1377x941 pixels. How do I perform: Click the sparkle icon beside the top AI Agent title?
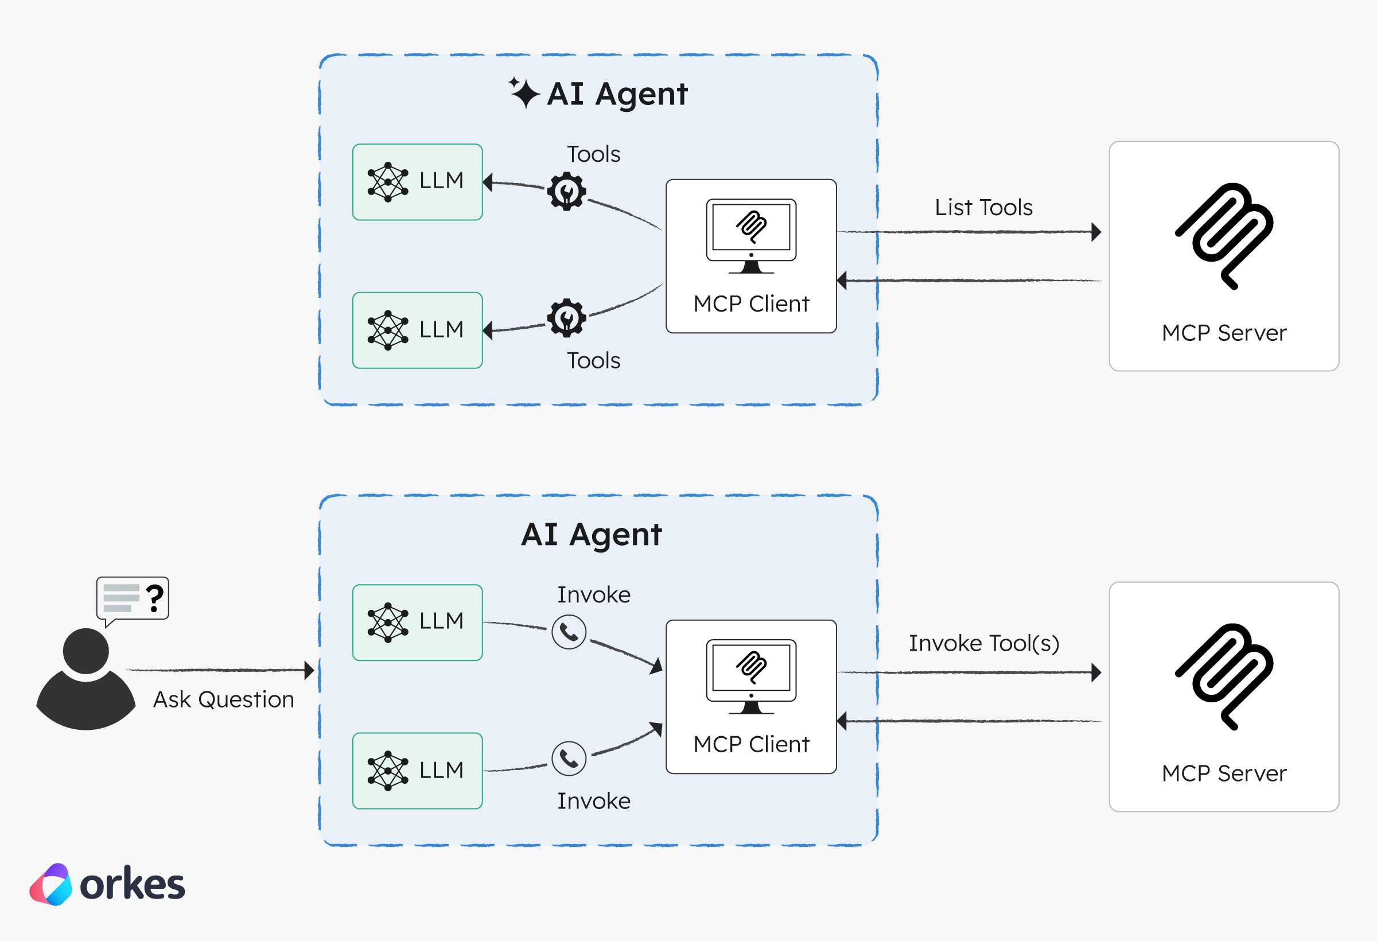point(524,92)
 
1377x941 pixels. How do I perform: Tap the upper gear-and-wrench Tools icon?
point(566,192)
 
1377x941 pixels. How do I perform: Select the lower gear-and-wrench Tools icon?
point(566,318)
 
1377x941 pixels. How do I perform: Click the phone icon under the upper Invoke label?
point(569,632)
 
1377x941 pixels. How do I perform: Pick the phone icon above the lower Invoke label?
point(569,759)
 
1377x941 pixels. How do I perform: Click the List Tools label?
point(983,207)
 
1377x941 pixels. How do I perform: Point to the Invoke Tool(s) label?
point(984,644)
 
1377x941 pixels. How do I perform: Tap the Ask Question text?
point(223,700)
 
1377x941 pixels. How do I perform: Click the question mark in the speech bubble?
point(155,598)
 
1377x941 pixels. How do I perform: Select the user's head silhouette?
point(86,651)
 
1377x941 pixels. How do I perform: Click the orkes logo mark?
point(51,885)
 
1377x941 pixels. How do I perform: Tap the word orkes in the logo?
point(132,885)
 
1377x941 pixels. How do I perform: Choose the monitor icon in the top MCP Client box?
point(751,236)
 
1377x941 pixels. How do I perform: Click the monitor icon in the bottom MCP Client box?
point(751,676)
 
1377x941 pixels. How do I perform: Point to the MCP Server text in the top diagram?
point(1224,333)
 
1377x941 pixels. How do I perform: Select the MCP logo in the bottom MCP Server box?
point(1224,676)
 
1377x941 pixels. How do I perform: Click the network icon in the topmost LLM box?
point(388,182)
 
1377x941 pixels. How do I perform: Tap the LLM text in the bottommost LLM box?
point(441,771)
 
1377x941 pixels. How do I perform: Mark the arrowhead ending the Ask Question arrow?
point(309,670)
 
